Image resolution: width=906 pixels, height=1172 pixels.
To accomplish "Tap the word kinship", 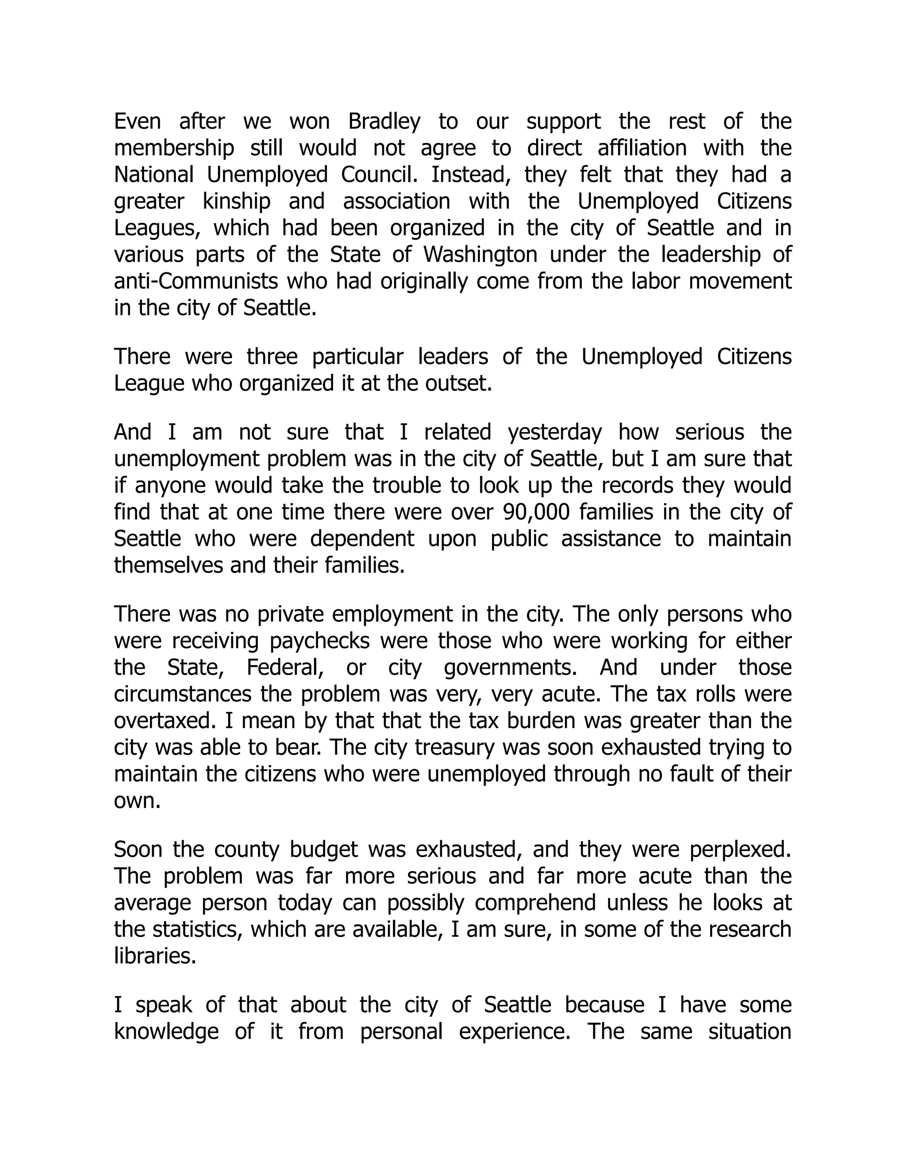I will pos(236,202).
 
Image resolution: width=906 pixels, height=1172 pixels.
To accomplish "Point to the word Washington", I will pos(480,255).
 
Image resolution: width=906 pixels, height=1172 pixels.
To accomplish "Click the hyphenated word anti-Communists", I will pos(196,282).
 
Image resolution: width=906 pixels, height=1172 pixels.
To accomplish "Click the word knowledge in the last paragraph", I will pos(166,1032).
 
